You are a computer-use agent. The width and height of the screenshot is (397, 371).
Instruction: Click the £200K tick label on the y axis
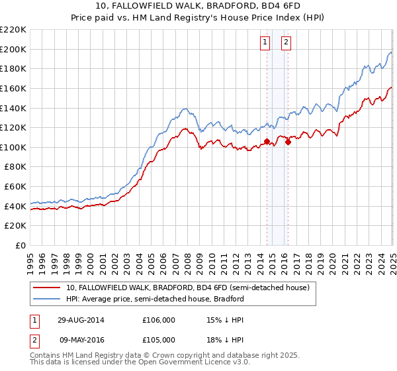(x=13, y=49)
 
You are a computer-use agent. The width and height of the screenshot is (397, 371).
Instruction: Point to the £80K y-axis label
(x=15, y=167)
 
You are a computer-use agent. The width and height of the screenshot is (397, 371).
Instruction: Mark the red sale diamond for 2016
(x=288, y=142)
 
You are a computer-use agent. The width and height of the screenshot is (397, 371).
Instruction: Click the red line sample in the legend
(x=47, y=288)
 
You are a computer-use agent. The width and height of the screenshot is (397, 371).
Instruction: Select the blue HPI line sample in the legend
(x=47, y=299)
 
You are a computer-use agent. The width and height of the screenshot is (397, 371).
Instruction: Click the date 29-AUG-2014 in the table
(x=81, y=319)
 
